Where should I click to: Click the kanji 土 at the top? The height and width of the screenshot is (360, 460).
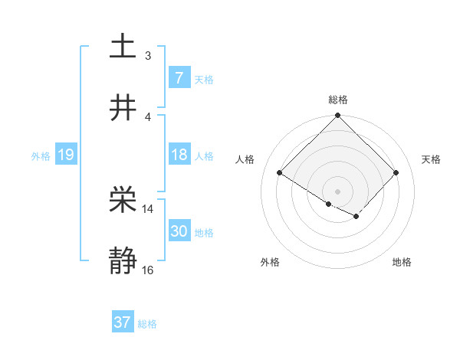(123, 47)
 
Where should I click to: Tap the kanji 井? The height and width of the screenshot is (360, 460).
(123, 107)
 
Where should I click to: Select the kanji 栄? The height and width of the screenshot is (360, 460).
(123, 201)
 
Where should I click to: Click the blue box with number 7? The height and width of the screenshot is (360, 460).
(179, 77)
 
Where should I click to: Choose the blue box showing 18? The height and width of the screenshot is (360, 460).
(179, 155)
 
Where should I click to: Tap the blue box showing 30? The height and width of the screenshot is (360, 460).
(179, 231)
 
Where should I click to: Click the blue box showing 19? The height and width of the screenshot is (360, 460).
(65, 155)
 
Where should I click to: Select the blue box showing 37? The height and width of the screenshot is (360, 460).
(123, 322)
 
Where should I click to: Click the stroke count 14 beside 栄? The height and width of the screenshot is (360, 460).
(147, 208)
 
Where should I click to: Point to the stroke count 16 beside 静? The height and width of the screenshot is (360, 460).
(147, 270)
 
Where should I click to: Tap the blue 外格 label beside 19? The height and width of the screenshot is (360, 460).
(41, 155)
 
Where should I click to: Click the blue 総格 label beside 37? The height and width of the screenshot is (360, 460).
(147, 323)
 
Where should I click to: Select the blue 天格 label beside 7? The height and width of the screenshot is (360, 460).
(204, 79)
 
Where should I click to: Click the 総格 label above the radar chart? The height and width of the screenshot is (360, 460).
(338, 100)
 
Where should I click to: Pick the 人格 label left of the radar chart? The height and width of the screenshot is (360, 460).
(245, 159)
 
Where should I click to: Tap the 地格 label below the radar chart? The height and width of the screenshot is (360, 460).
(402, 262)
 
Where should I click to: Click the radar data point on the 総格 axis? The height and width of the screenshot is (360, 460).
(338, 116)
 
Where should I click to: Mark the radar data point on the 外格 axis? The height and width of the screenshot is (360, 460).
(329, 204)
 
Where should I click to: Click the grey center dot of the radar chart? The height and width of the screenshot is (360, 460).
(338, 191)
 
